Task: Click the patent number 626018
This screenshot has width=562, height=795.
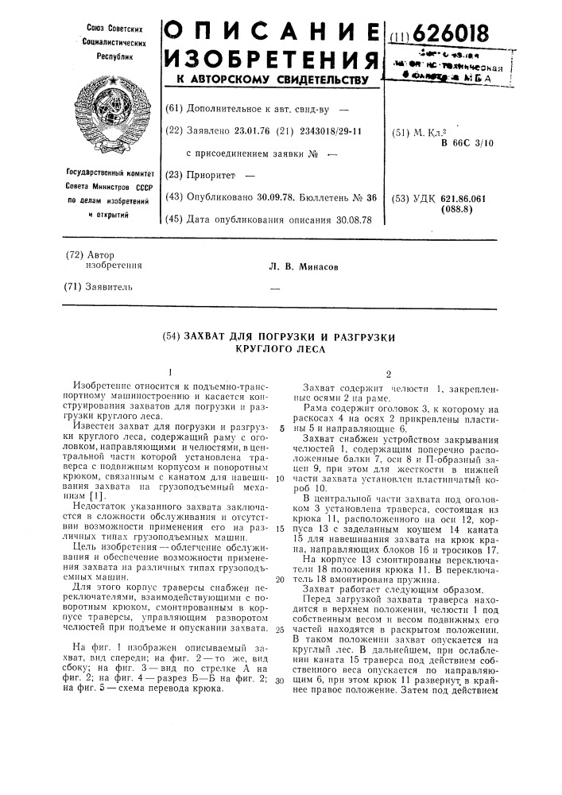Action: pyautogui.click(x=452, y=35)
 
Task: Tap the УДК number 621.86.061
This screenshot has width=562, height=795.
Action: pyautogui.click(x=469, y=200)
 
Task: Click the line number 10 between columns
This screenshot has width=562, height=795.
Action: pyautogui.click(x=281, y=479)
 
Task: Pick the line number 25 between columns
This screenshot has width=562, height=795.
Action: pyautogui.click(x=281, y=629)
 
